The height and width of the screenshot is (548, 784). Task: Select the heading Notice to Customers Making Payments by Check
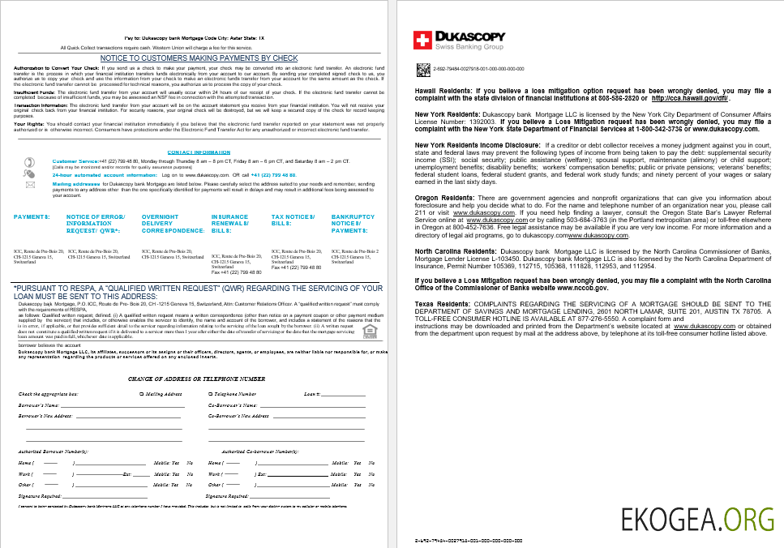coord(199,58)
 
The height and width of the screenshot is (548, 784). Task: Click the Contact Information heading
coord(199,152)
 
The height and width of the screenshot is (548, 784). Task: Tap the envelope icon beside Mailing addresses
coord(31,185)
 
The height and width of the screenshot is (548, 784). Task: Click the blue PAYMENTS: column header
coord(32,217)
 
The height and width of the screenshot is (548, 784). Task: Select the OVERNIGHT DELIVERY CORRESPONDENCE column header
coord(167,224)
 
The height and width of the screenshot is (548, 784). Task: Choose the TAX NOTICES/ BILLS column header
coord(293,220)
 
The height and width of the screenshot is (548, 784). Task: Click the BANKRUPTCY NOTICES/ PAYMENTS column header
coord(353,224)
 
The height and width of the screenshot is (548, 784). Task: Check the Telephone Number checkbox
coord(209,394)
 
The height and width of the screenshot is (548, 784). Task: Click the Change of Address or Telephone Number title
coord(196,379)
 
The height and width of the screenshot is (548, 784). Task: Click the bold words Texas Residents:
coord(442,304)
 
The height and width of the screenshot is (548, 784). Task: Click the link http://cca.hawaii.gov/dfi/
coord(688,98)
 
